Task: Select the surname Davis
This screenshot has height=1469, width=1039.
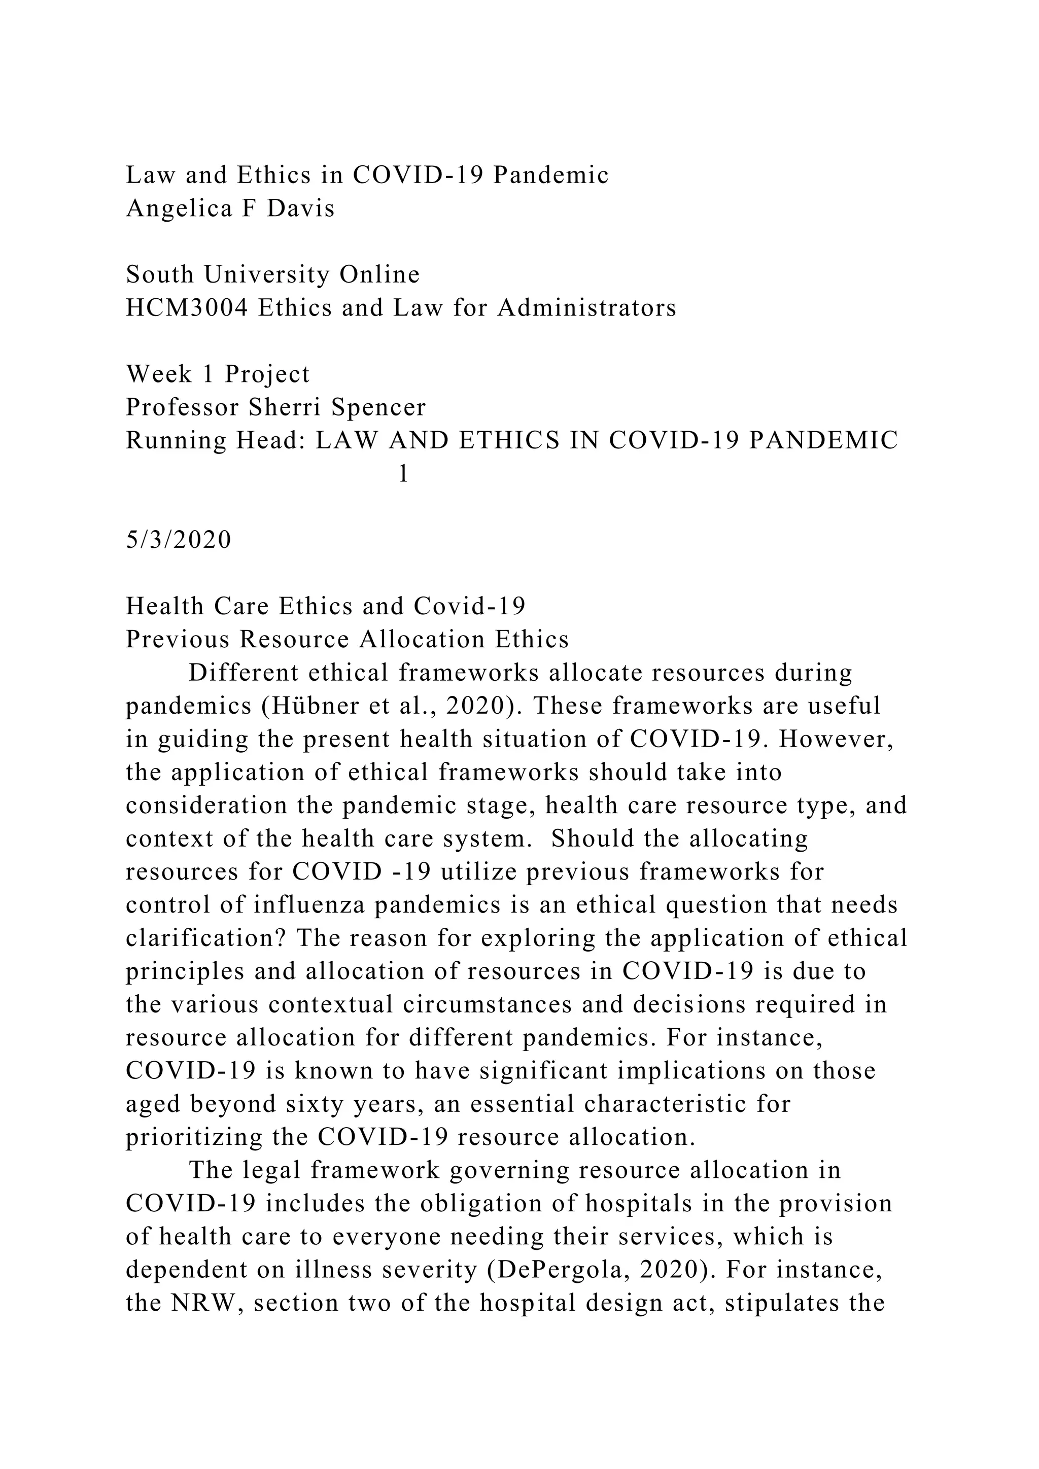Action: click(x=301, y=209)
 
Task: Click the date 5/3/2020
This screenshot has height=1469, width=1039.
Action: click(x=179, y=540)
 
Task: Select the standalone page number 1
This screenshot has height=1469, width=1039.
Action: click(x=403, y=474)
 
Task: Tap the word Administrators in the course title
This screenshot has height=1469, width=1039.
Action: click(x=586, y=308)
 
